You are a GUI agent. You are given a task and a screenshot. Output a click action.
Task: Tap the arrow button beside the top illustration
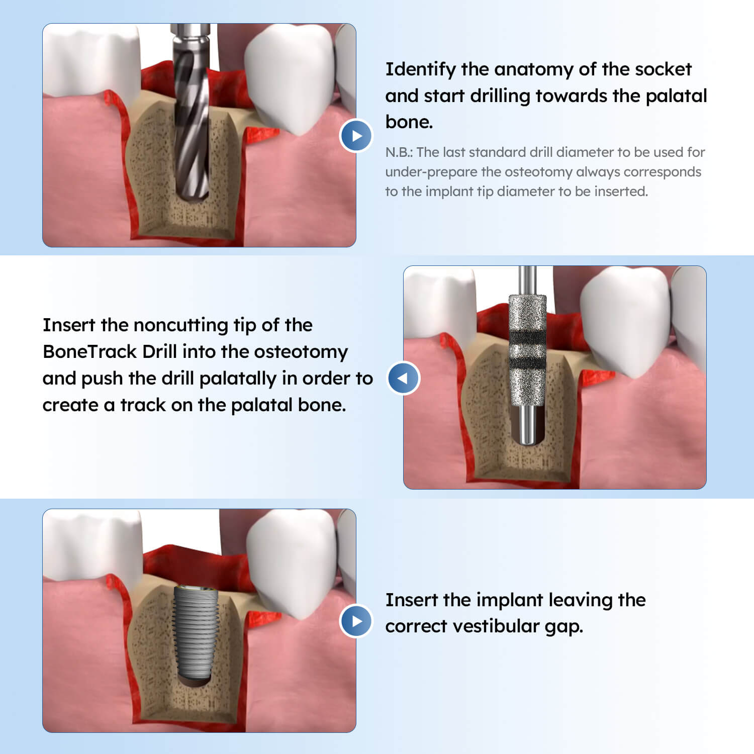(x=356, y=136)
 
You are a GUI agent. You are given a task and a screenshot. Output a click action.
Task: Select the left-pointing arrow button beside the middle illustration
(x=403, y=378)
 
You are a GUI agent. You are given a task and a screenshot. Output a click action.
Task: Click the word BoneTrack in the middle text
(x=89, y=351)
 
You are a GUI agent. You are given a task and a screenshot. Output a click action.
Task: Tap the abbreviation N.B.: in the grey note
(x=399, y=152)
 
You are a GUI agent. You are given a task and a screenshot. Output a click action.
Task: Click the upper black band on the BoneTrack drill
(x=527, y=336)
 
